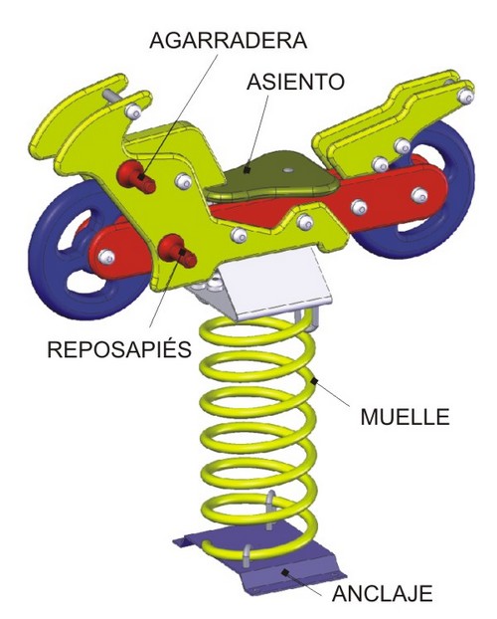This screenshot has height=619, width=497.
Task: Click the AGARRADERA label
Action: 228,40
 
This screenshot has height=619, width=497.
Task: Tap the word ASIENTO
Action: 295,82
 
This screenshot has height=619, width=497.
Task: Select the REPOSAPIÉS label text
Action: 119,348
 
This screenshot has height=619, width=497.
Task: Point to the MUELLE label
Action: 406,417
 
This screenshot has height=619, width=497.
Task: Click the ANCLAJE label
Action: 383,593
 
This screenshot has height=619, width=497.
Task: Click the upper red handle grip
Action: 136,178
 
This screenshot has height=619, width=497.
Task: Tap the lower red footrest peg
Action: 177,250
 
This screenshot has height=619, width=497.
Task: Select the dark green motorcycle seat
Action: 271,177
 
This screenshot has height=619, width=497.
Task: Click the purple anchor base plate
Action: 259,557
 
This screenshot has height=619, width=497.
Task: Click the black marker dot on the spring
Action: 314,381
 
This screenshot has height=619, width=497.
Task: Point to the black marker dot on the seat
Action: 247,170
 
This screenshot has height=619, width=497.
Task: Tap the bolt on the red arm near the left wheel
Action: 106,257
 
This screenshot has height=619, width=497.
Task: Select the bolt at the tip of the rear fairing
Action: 466,96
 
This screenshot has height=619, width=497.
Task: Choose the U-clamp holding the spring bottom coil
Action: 247,555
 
